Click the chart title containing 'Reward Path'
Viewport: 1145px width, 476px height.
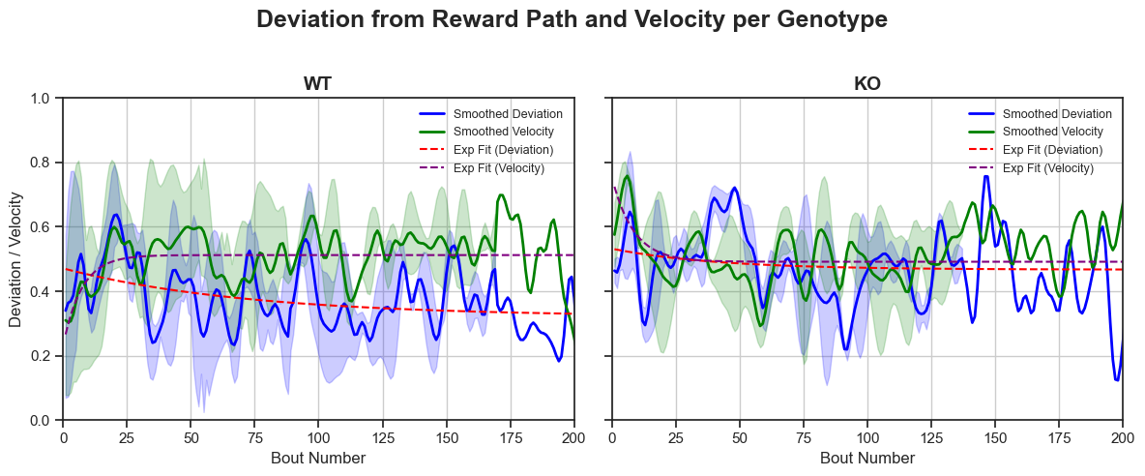pos(572,19)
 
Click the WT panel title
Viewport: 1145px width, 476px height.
pos(318,84)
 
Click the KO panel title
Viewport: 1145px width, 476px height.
pos(866,84)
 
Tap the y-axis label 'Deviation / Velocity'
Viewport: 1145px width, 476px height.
pos(16,259)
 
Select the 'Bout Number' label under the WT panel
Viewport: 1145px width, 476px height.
pos(318,458)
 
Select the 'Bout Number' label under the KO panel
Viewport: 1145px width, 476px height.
pos(866,458)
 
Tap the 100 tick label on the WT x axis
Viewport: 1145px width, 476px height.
pos(318,434)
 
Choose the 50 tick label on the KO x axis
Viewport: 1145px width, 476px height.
pos(739,434)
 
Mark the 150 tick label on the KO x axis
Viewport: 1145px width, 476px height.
pos(995,434)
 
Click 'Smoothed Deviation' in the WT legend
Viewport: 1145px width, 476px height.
pos(508,113)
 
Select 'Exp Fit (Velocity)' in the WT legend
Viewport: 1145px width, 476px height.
pos(498,168)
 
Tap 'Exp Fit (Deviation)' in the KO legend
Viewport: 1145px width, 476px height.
pos(1052,150)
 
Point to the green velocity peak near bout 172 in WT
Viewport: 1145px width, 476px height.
pos(502,195)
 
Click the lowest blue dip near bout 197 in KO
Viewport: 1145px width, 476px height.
pos(1117,380)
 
